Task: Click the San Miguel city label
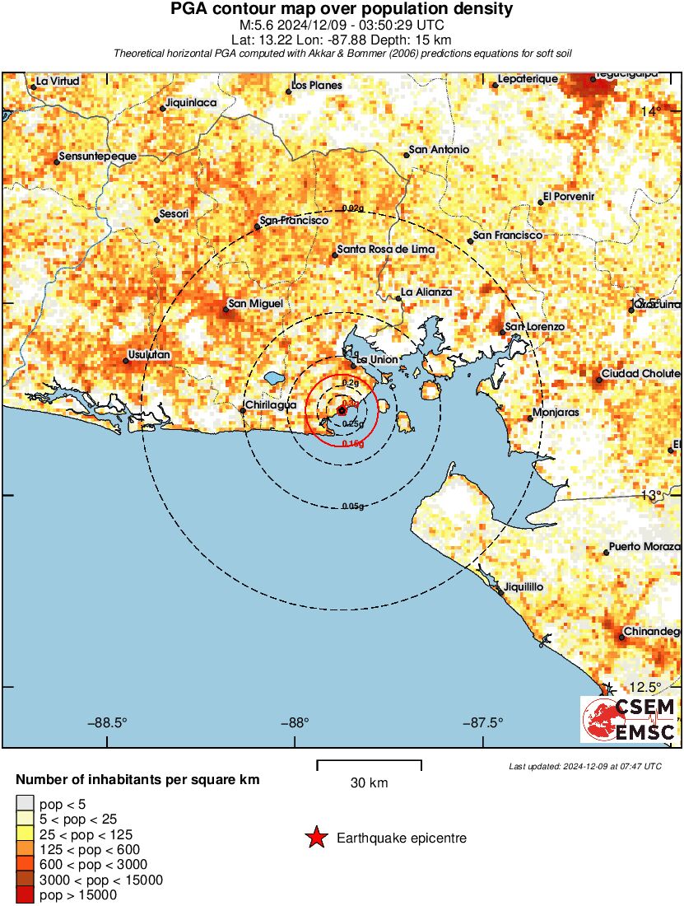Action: click(255, 304)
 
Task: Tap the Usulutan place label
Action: click(148, 355)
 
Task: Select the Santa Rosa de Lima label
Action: click(385, 250)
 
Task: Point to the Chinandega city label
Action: click(652, 632)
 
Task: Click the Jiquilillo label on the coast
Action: click(524, 587)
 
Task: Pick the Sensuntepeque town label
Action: click(99, 156)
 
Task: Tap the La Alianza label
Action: click(426, 292)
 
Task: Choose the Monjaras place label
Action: click(556, 412)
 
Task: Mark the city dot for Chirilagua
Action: click(242, 410)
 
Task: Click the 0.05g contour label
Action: click(352, 507)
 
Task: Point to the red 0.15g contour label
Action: click(352, 444)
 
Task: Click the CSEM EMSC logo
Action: click(629, 719)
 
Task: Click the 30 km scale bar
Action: click(369, 766)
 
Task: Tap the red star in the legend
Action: click(315, 838)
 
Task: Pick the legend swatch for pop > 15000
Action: click(26, 894)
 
